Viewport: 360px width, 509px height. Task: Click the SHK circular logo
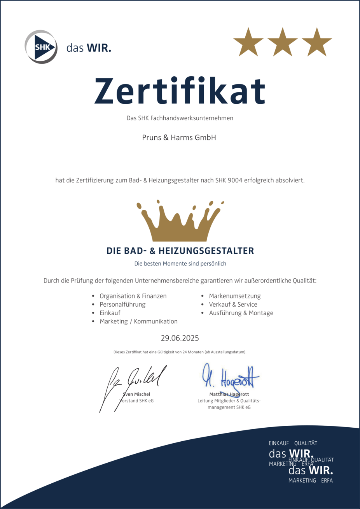tap(41, 47)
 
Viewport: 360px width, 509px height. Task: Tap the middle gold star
tap(283, 42)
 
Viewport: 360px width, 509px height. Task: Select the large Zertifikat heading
tap(180, 91)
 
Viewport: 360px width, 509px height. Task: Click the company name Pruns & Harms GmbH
tap(179, 137)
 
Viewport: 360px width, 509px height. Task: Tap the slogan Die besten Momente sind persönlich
tap(180, 263)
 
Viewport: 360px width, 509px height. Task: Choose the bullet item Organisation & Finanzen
tap(133, 296)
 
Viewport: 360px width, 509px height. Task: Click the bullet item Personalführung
tap(122, 304)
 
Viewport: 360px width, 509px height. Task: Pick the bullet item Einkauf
tap(110, 313)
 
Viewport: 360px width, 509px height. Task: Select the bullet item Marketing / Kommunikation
tap(138, 321)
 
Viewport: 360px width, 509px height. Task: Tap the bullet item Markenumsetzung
tap(235, 296)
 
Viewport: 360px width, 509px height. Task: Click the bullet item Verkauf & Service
tap(233, 304)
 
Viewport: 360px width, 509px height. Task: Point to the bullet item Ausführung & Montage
tap(241, 313)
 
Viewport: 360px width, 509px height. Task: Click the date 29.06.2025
tap(180, 338)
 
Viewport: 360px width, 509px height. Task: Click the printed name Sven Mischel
tap(136, 394)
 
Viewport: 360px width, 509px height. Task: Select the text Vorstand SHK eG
tap(136, 400)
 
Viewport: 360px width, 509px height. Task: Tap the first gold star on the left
tap(248, 42)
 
